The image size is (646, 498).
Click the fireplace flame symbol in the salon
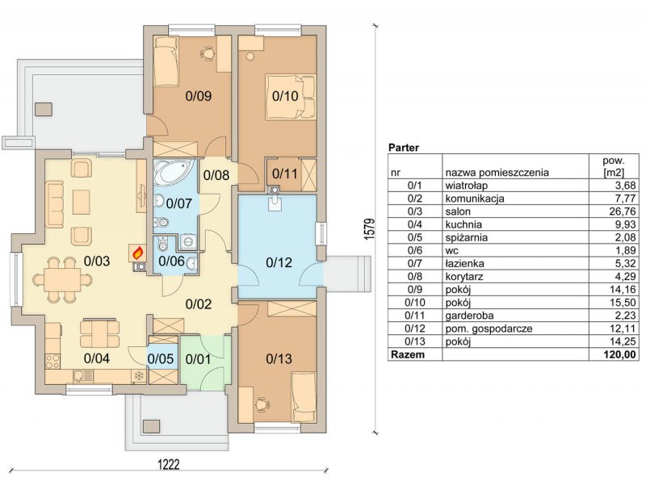pyautogui.click(x=138, y=253)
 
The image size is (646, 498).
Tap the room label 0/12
pyautogui.click(x=279, y=262)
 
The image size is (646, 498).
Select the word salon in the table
pyautogui.click(x=458, y=211)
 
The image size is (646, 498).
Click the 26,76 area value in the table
pyautogui.click(x=625, y=211)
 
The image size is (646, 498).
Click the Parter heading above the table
pyautogui.click(x=405, y=148)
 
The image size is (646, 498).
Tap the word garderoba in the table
pyautogui.click(x=469, y=316)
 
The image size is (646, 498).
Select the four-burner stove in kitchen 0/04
pyautogui.click(x=52, y=362)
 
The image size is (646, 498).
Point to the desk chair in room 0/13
pyautogui.click(x=261, y=404)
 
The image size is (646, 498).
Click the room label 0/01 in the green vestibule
pyautogui.click(x=198, y=359)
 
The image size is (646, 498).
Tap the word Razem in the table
pyautogui.click(x=408, y=354)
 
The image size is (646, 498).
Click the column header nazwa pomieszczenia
pyautogui.click(x=497, y=172)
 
